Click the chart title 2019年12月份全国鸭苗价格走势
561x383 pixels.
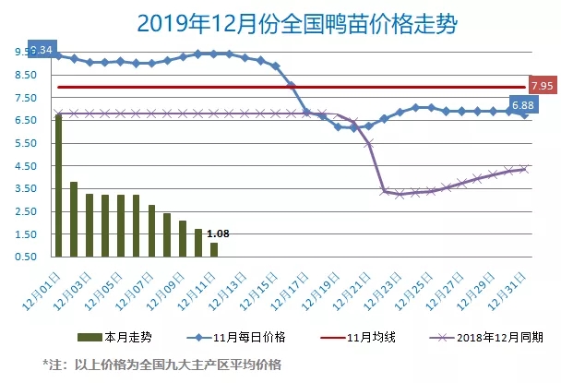click(280, 21)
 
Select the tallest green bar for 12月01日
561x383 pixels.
click(58, 185)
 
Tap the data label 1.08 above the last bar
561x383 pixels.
click(217, 234)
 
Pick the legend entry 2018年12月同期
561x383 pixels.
click(484, 339)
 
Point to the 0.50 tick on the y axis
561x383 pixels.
click(22, 257)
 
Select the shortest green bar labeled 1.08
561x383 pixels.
click(215, 249)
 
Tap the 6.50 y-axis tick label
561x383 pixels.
click(22, 120)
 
